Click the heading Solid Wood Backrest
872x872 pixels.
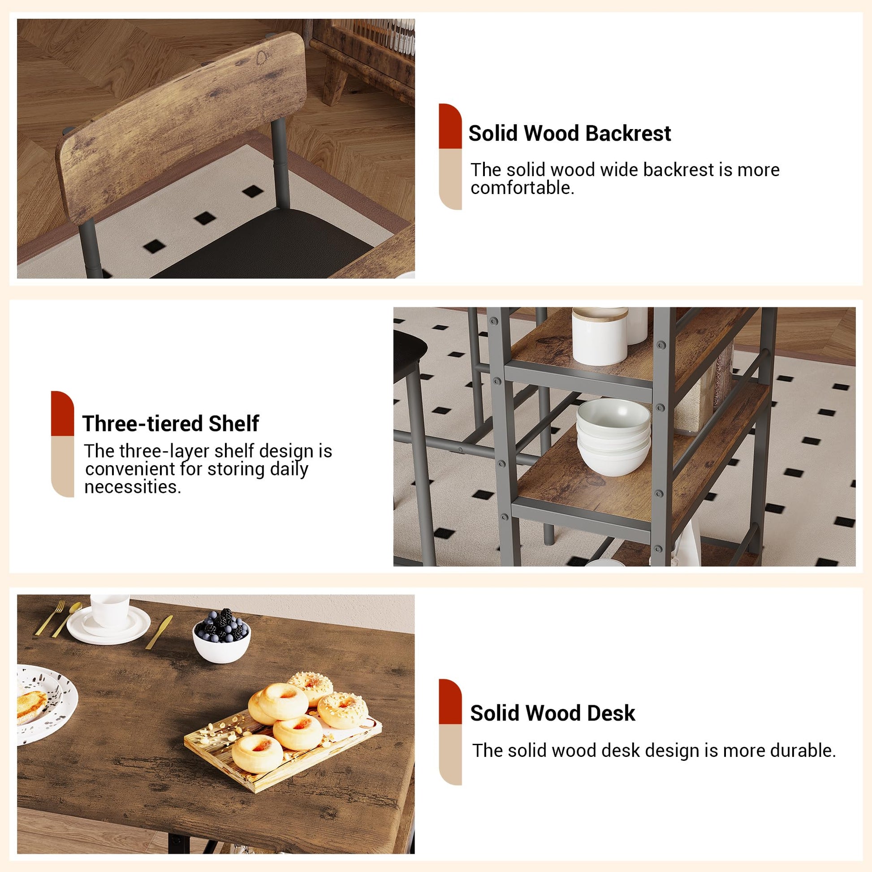[569, 134]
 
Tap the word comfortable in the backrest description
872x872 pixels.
[522, 188]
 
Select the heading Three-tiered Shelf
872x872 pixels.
[171, 423]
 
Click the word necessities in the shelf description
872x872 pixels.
[133, 487]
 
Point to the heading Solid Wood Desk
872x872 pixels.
[553, 713]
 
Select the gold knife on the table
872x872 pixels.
[159, 632]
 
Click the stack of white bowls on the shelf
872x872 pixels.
[613, 436]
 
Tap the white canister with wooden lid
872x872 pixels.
[600, 336]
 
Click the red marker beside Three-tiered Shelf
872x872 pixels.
[62, 414]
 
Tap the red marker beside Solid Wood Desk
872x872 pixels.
[450, 702]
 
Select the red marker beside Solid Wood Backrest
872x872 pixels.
[450, 126]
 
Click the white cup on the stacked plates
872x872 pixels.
[109, 611]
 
